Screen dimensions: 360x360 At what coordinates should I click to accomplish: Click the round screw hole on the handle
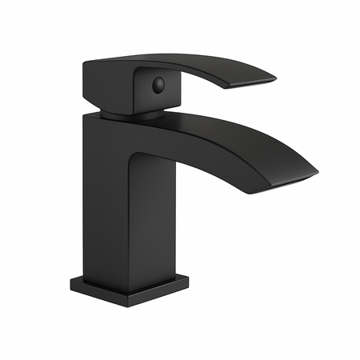click(158, 82)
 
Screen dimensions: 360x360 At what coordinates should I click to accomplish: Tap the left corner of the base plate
click(71, 281)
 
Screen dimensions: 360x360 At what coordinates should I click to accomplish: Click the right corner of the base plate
click(190, 281)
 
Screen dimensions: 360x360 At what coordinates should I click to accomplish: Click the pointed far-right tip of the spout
click(317, 170)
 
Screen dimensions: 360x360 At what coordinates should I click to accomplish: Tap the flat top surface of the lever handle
click(184, 60)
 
